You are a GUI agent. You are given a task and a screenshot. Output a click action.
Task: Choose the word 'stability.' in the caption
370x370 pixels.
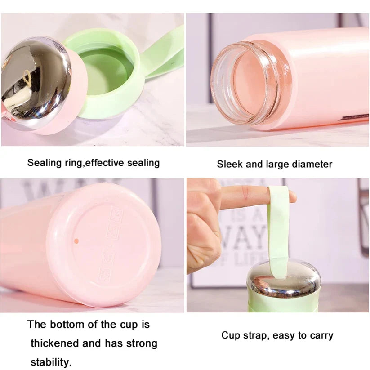51,361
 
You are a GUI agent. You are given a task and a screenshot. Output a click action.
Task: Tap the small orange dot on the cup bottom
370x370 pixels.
76,241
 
